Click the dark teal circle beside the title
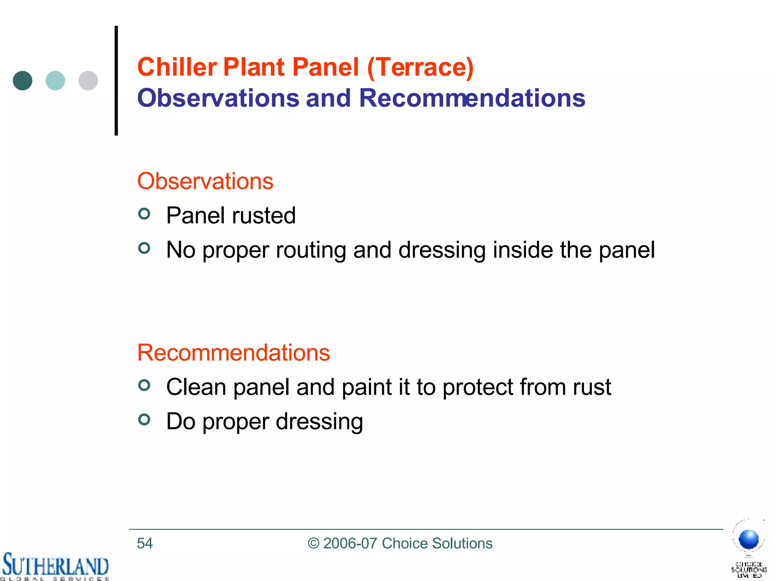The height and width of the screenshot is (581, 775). [22, 81]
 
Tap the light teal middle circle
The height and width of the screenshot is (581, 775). [55, 81]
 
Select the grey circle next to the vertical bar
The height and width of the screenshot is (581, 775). [88, 81]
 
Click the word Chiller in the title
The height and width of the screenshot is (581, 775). [177, 67]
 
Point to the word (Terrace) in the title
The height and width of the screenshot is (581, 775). [420, 68]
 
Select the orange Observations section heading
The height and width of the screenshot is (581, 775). [205, 181]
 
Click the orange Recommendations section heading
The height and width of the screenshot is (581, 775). [233, 353]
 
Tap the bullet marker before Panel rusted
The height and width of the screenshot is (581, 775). [144, 214]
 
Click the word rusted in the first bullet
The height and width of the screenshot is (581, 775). [264, 216]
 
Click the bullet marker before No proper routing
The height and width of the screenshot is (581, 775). [144, 248]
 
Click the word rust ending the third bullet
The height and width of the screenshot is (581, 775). [592, 387]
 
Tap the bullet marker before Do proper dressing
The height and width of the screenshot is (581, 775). [144, 419]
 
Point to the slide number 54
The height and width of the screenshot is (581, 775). [145, 543]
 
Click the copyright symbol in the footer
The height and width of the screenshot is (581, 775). [314, 543]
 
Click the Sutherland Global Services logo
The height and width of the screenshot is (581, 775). [55, 566]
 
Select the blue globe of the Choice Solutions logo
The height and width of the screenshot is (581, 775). [749, 539]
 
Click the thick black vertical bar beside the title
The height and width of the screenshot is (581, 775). [116, 81]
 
